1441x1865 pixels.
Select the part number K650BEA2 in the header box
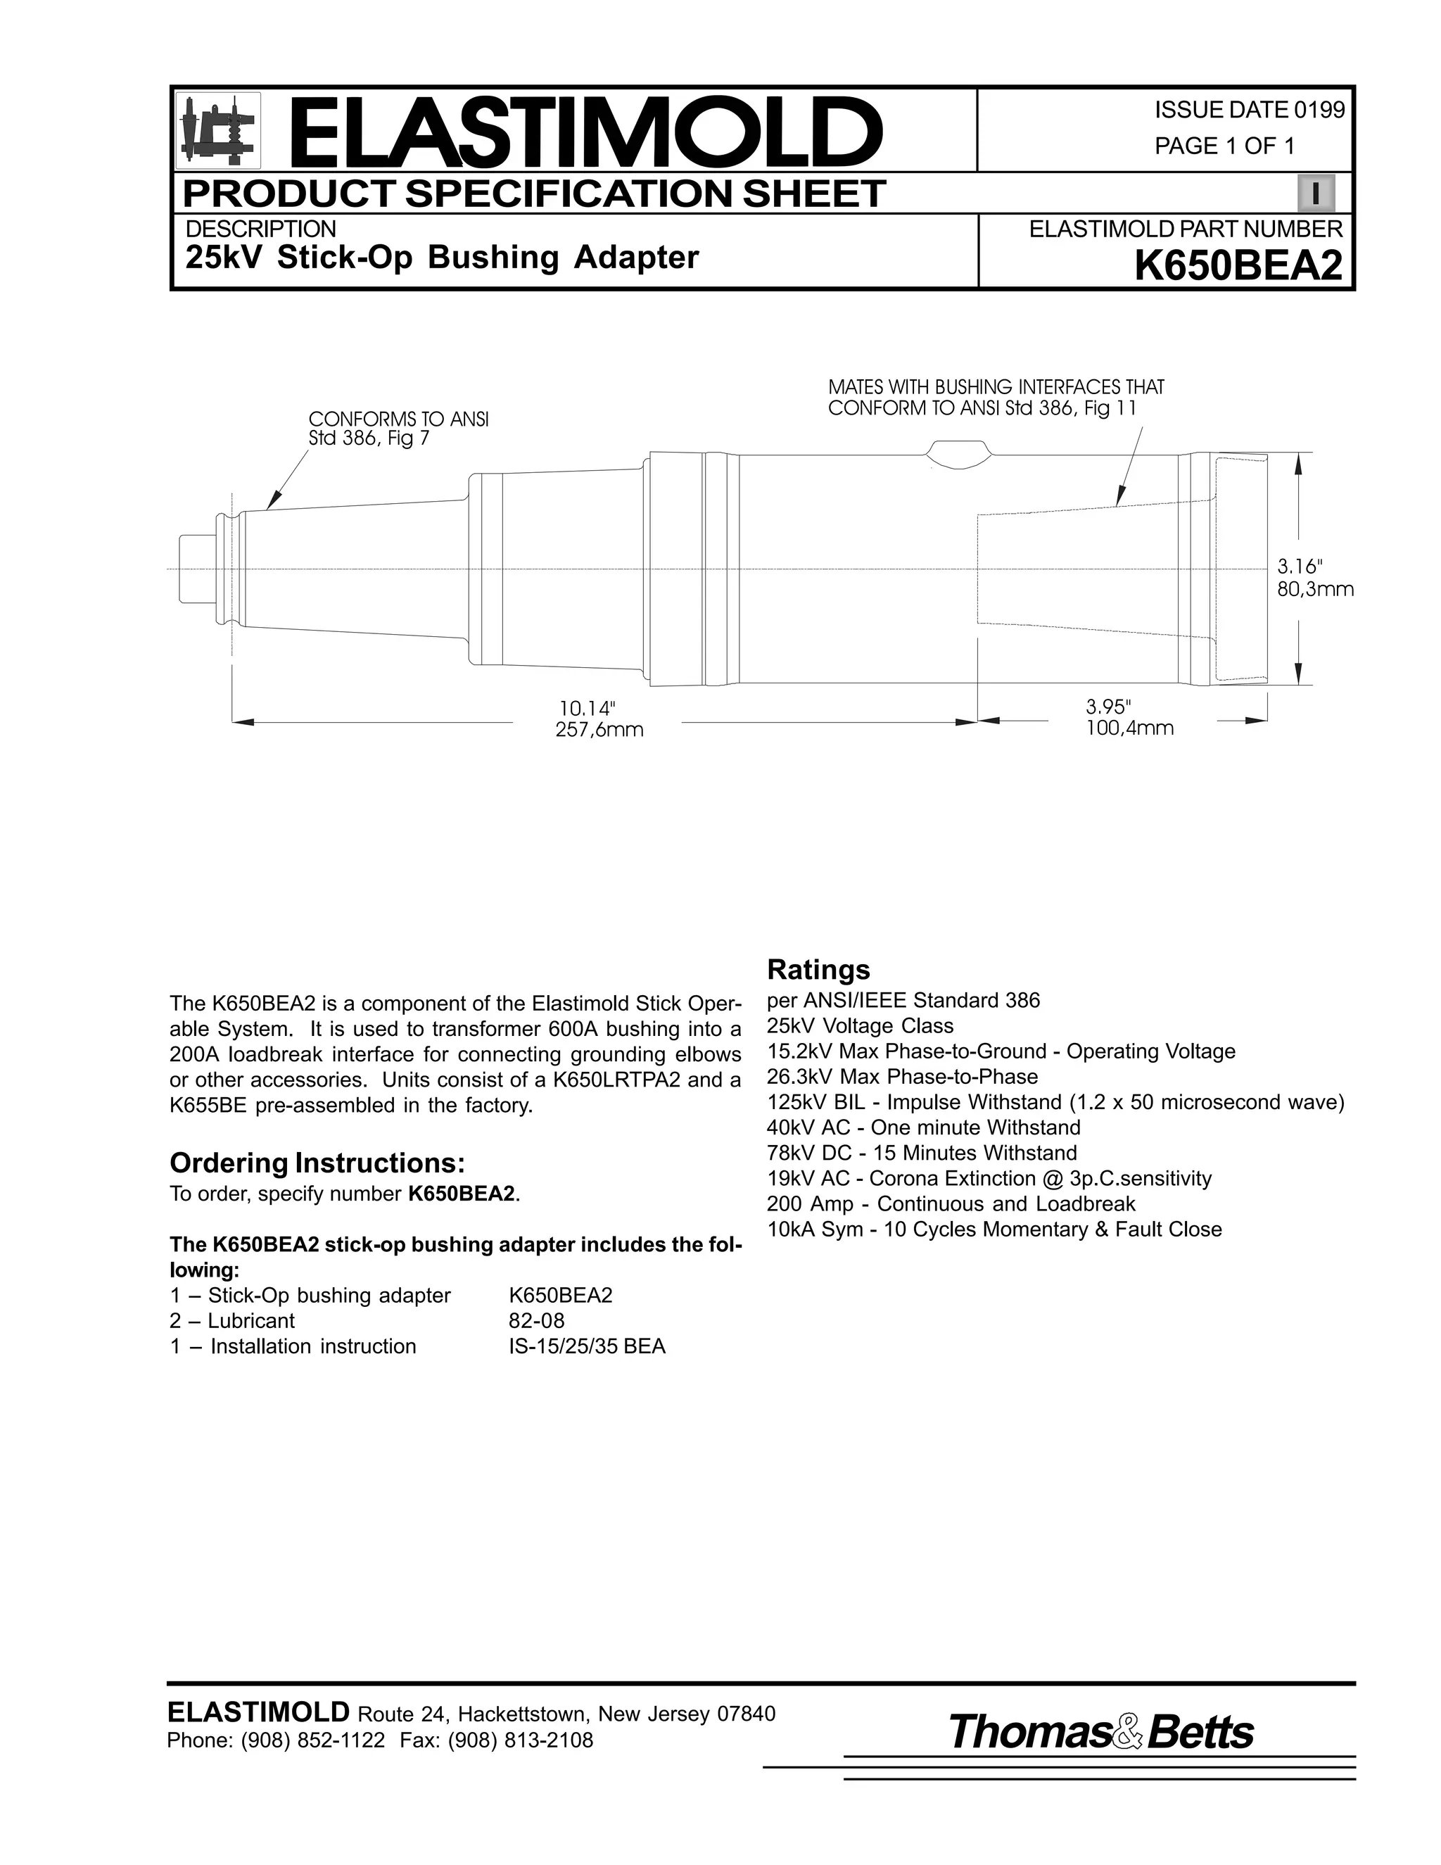pyautogui.click(x=1238, y=265)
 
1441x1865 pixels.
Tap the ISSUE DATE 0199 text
pyautogui.click(x=1249, y=110)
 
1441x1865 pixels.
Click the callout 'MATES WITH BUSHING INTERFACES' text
pyautogui.click(x=996, y=398)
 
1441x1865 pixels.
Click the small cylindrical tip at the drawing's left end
pyautogui.click(x=196, y=569)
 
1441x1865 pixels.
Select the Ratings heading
pyautogui.click(x=818, y=970)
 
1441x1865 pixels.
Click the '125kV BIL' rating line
pyautogui.click(x=1055, y=1102)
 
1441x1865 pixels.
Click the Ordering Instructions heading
pyautogui.click(x=317, y=1163)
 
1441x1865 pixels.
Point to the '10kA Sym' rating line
pyautogui.click(x=994, y=1229)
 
